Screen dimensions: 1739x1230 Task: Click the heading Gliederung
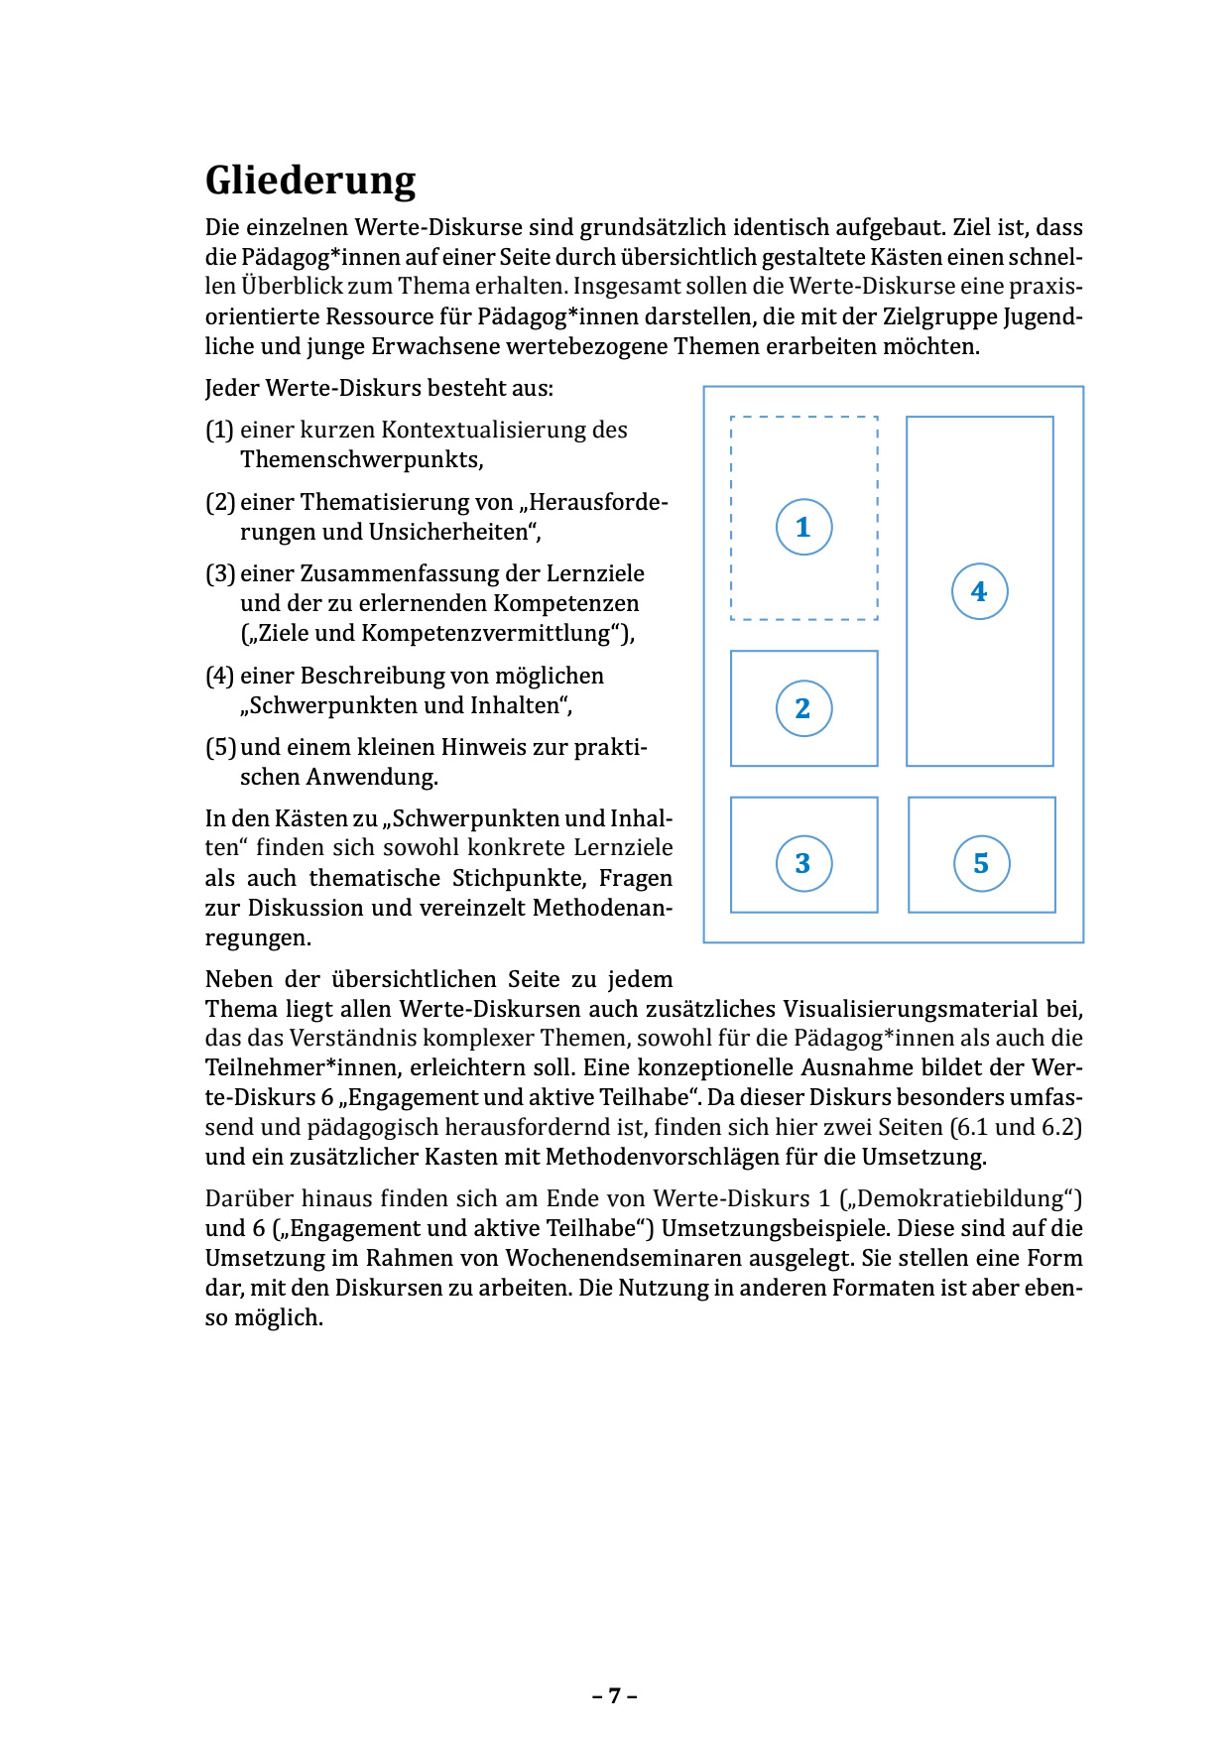pyautogui.click(x=310, y=181)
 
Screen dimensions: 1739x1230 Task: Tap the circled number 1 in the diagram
pyautogui.click(x=803, y=527)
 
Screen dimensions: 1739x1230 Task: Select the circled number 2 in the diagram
pyautogui.click(x=803, y=708)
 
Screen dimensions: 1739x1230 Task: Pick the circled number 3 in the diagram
pyautogui.click(x=803, y=863)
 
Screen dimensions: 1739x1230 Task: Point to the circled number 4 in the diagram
pyautogui.click(x=979, y=591)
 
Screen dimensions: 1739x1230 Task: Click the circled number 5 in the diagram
pyautogui.click(x=981, y=863)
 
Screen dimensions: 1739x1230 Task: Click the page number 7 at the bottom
pyautogui.click(x=615, y=1695)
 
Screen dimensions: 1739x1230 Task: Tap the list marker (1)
pyautogui.click(x=219, y=430)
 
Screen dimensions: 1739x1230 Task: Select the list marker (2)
pyautogui.click(x=219, y=502)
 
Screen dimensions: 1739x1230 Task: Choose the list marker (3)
pyautogui.click(x=219, y=573)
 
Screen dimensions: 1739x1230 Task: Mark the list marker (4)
pyautogui.click(x=219, y=676)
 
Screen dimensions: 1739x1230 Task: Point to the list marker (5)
pyautogui.click(x=219, y=747)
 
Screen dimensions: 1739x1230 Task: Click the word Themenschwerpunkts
pyautogui.click(x=360, y=460)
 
